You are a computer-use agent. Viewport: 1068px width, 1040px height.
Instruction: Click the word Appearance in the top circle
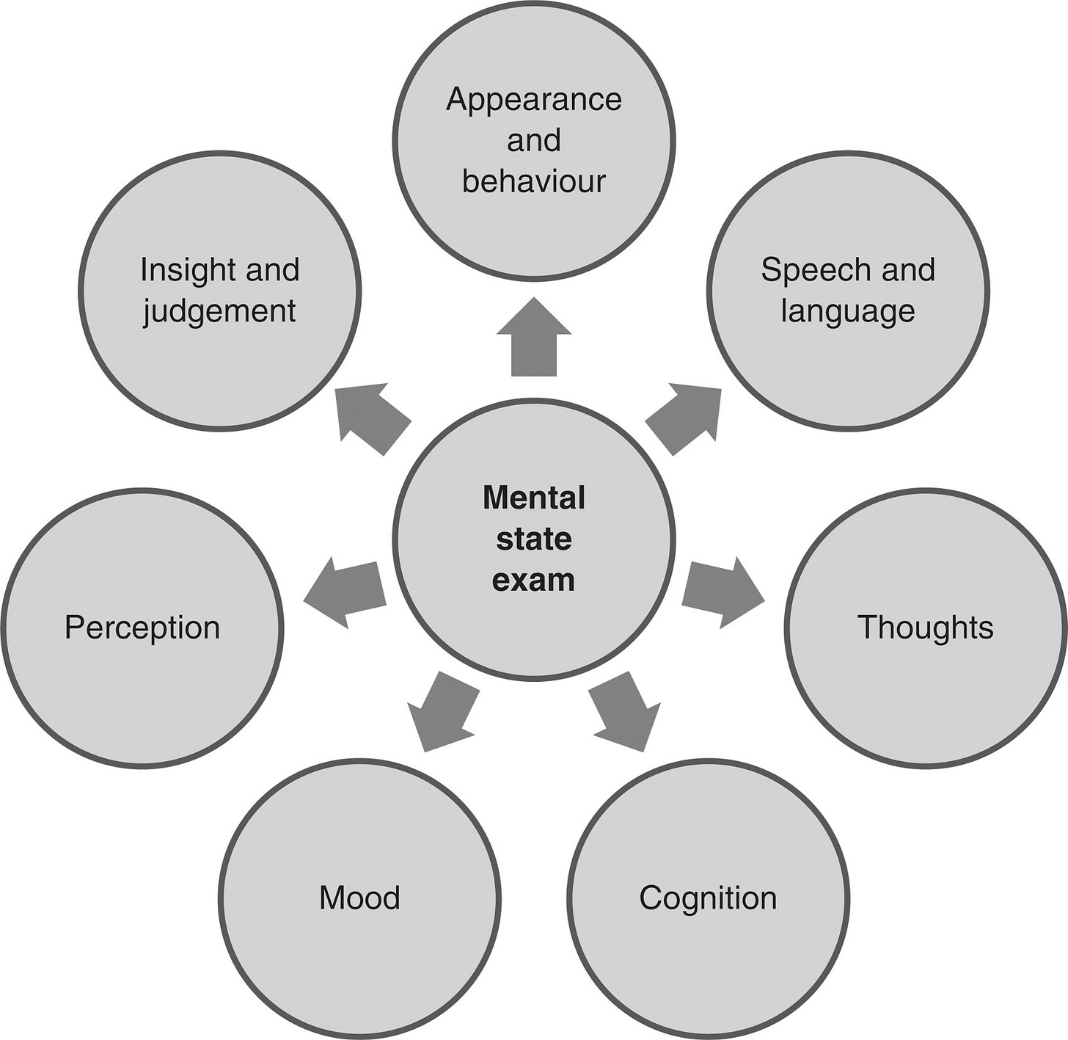tap(533, 100)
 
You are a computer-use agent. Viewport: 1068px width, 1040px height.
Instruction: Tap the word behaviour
tap(533, 181)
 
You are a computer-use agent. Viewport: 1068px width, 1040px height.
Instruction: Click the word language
tap(847, 311)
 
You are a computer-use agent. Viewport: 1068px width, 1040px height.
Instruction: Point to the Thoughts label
tap(925, 628)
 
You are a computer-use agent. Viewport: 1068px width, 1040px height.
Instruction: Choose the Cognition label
tap(707, 898)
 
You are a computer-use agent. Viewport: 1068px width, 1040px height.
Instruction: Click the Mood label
tap(359, 898)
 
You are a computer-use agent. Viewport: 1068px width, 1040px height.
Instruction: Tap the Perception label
tap(142, 628)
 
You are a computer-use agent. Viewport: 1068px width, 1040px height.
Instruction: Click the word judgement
tap(219, 311)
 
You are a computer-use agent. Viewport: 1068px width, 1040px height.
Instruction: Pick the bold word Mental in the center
tap(533, 498)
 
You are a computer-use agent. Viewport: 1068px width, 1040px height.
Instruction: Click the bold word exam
tap(533, 580)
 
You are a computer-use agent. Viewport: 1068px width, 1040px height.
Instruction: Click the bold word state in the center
tap(533, 539)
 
